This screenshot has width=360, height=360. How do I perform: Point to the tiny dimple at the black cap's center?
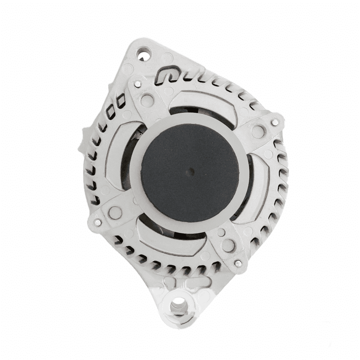click(x=191, y=172)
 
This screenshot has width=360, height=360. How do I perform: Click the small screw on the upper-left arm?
click(x=138, y=84)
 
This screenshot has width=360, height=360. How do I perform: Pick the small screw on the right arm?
click(x=275, y=122)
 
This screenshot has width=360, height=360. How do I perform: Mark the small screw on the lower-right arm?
click(x=238, y=263)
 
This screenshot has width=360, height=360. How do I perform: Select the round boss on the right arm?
click(x=258, y=131)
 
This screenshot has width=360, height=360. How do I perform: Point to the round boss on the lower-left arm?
click(x=115, y=213)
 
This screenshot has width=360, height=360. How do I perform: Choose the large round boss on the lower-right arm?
click(x=228, y=245)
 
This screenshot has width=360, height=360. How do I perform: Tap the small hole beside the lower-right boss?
click(x=221, y=232)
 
